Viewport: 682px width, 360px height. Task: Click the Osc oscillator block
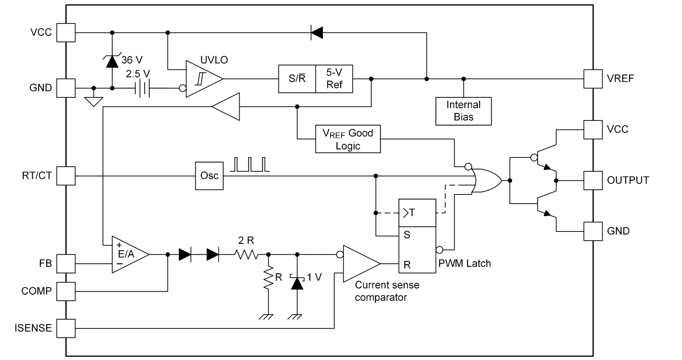click(209, 176)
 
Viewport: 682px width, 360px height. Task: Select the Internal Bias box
click(464, 111)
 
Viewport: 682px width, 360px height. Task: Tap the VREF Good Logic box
click(348, 139)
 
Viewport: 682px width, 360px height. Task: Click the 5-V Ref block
click(334, 79)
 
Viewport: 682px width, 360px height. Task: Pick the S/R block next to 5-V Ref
click(297, 79)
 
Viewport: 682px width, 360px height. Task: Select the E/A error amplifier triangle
click(130, 254)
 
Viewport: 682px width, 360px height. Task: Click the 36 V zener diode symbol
click(112, 62)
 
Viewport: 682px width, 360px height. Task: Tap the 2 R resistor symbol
click(246, 254)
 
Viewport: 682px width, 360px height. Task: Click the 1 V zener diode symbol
click(297, 282)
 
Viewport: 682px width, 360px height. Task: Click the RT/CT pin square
click(66, 176)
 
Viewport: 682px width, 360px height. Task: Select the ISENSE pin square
click(66, 328)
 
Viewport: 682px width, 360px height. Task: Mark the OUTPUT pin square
click(593, 181)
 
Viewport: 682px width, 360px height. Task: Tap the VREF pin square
click(593, 79)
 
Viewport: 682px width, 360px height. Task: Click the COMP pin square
click(66, 292)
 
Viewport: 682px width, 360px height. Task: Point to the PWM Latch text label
click(464, 263)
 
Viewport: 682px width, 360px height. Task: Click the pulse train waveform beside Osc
click(250, 164)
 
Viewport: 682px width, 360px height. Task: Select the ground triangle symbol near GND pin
click(94, 101)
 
